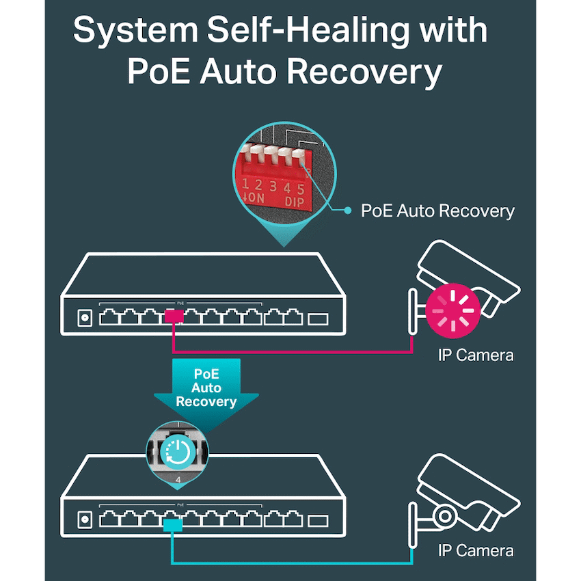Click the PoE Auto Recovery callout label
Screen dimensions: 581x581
pos(437,211)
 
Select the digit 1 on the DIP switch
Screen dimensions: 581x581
pos(246,184)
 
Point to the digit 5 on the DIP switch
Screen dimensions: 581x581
pos(299,185)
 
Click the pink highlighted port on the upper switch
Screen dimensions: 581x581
pos(174,316)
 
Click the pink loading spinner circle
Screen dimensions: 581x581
pos(450,310)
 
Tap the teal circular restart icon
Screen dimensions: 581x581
pos(178,452)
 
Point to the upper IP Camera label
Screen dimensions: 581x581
pos(475,355)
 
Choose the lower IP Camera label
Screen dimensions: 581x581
pos(475,550)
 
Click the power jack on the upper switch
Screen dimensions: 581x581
pos(85,318)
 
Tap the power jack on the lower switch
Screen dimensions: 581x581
pos(85,520)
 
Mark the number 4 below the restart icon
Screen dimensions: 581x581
pos(178,481)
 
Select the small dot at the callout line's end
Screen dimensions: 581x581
pos(347,211)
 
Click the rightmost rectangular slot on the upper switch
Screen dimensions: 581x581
pos(319,318)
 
